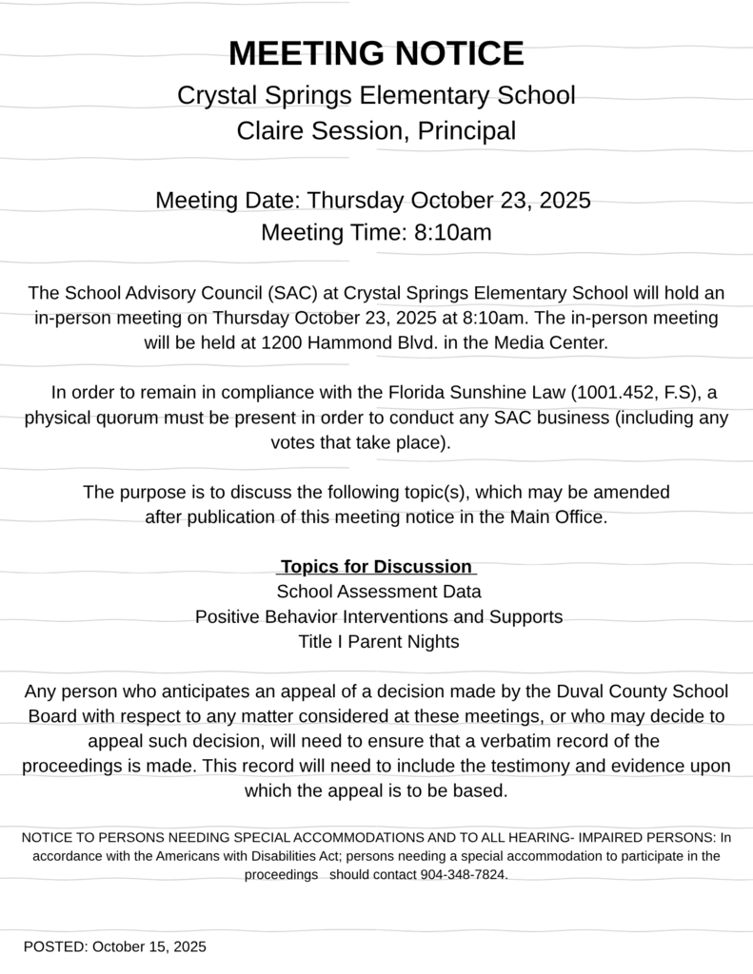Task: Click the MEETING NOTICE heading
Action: (x=376, y=53)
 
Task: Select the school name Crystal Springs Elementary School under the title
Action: (x=376, y=96)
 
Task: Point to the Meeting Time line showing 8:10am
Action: (x=376, y=232)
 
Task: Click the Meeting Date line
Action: (x=373, y=201)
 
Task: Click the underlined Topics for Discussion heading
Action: (x=376, y=567)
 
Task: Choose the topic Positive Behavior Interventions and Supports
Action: (x=379, y=616)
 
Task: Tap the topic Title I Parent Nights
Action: (x=379, y=641)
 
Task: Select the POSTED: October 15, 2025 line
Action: (x=115, y=946)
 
